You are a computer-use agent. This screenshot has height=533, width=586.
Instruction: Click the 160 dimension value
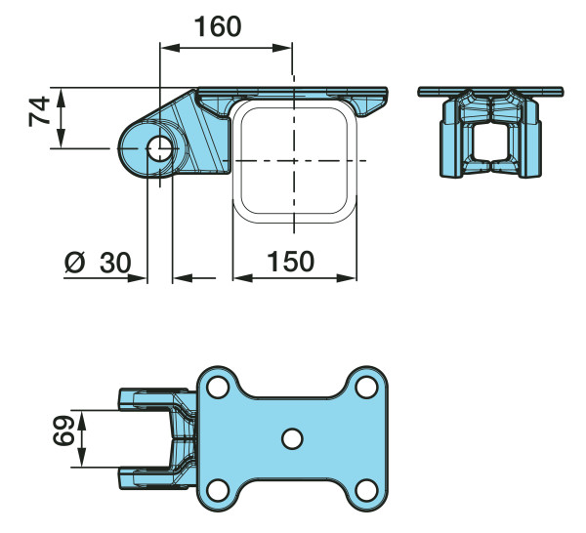(x=218, y=26)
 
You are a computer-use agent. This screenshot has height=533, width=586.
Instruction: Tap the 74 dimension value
(x=39, y=111)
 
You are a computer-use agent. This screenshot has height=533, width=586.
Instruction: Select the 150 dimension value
(x=290, y=262)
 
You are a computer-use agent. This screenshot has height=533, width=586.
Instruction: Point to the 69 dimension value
(x=63, y=430)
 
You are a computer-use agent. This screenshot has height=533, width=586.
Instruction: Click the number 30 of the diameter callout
(x=115, y=263)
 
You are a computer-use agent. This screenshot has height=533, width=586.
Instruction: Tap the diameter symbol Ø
(x=75, y=263)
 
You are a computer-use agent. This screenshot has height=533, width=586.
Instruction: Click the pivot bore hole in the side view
(x=160, y=148)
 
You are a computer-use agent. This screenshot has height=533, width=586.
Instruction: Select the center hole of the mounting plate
(x=292, y=439)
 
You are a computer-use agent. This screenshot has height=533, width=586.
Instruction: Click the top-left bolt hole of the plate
(x=218, y=387)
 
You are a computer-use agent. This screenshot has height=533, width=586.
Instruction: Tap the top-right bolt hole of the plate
(x=366, y=387)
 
